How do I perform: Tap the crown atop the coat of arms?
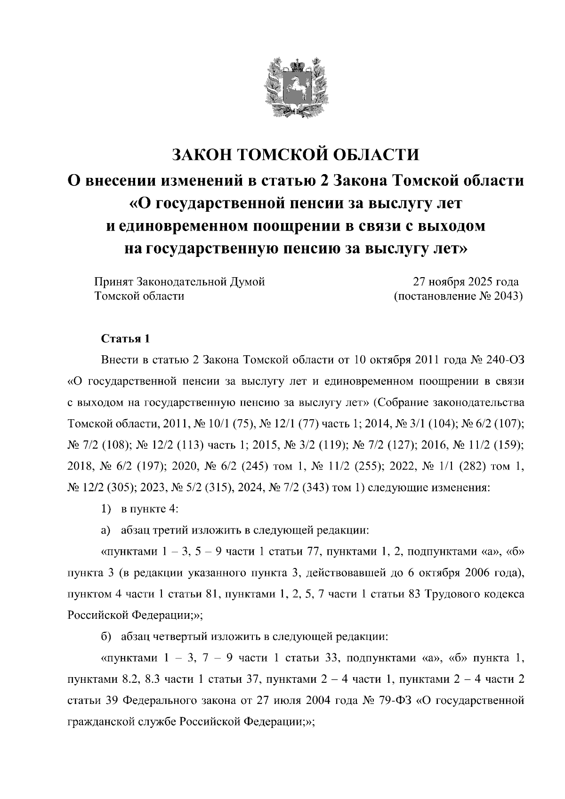(x=296, y=64)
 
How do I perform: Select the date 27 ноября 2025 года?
(x=465, y=282)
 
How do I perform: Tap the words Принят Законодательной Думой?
(x=179, y=282)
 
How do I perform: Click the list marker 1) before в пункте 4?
(x=106, y=509)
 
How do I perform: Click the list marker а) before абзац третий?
(x=105, y=530)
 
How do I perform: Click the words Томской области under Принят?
(x=139, y=296)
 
